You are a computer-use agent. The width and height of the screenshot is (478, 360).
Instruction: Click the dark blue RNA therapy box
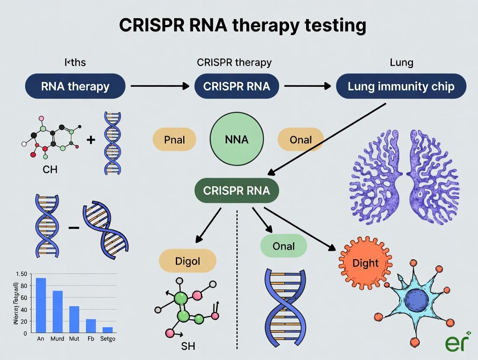click(x=75, y=86)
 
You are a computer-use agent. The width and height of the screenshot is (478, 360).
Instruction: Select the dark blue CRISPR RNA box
click(x=237, y=86)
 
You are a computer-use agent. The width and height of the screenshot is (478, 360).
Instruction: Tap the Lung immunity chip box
click(x=401, y=86)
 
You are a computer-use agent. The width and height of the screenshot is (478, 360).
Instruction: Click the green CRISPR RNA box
click(x=236, y=190)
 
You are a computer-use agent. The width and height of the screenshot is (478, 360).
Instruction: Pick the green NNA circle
click(x=236, y=139)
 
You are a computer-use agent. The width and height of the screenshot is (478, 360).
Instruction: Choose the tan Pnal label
click(x=174, y=140)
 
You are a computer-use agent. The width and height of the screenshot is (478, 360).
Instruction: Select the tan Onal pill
click(x=300, y=140)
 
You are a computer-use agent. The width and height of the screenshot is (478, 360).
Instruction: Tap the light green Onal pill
click(x=284, y=246)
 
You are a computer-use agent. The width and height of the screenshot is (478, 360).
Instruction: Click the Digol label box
click(x=187, y=261)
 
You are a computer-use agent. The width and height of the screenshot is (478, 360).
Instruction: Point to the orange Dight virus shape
click(x=365, y=263)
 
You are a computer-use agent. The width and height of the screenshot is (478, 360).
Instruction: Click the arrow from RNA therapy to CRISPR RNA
click(x=160, y=86)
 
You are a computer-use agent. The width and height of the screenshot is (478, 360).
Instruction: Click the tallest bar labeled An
click(x=41, y=305)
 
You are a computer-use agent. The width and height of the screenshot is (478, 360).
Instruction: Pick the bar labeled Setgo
click(x=107, y=330)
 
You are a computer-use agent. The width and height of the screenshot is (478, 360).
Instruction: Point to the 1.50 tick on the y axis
click(x=20, y=274)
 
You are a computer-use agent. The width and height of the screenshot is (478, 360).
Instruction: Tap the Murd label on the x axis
click(x=57, y=339)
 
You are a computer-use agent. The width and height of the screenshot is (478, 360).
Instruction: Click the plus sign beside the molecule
click(x=90, y=139)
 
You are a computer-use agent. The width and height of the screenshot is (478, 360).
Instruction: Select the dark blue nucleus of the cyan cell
click(x=416, y=299)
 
